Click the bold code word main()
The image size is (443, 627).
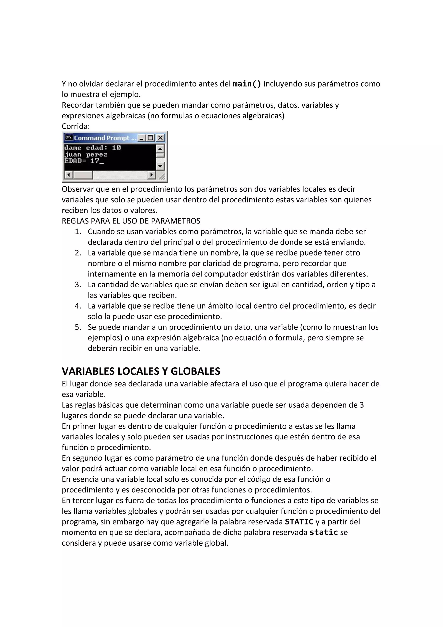[x=247, y=84]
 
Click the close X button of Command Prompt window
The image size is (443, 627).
[x=161, y=138]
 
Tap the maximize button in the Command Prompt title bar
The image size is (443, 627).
[x=150, y=138]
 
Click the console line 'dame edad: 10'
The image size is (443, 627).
[x=92, y=148]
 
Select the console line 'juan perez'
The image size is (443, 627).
[x=86, y=154]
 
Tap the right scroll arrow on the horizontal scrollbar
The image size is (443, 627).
[x=151, y=175]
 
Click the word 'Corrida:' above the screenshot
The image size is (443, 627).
[x=76, y=126]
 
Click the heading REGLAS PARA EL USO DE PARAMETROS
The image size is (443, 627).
[x=131, y=221]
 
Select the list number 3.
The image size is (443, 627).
[x=78, y=285]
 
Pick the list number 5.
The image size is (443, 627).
[x=78, y=327]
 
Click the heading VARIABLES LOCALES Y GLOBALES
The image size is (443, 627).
[x=141, y=371]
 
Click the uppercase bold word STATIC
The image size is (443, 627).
[x=299, y=522]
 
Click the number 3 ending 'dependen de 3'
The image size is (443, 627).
[x=362, y=405]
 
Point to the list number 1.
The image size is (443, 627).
[x=78, y=232]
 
